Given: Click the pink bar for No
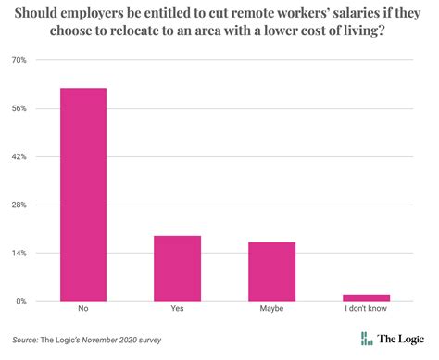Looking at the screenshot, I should [x=83, y=194].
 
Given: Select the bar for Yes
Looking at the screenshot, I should [x=177, y=268].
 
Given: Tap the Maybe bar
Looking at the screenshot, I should [x=271, y=271].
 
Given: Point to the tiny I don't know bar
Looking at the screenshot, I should [x=366, y=298].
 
